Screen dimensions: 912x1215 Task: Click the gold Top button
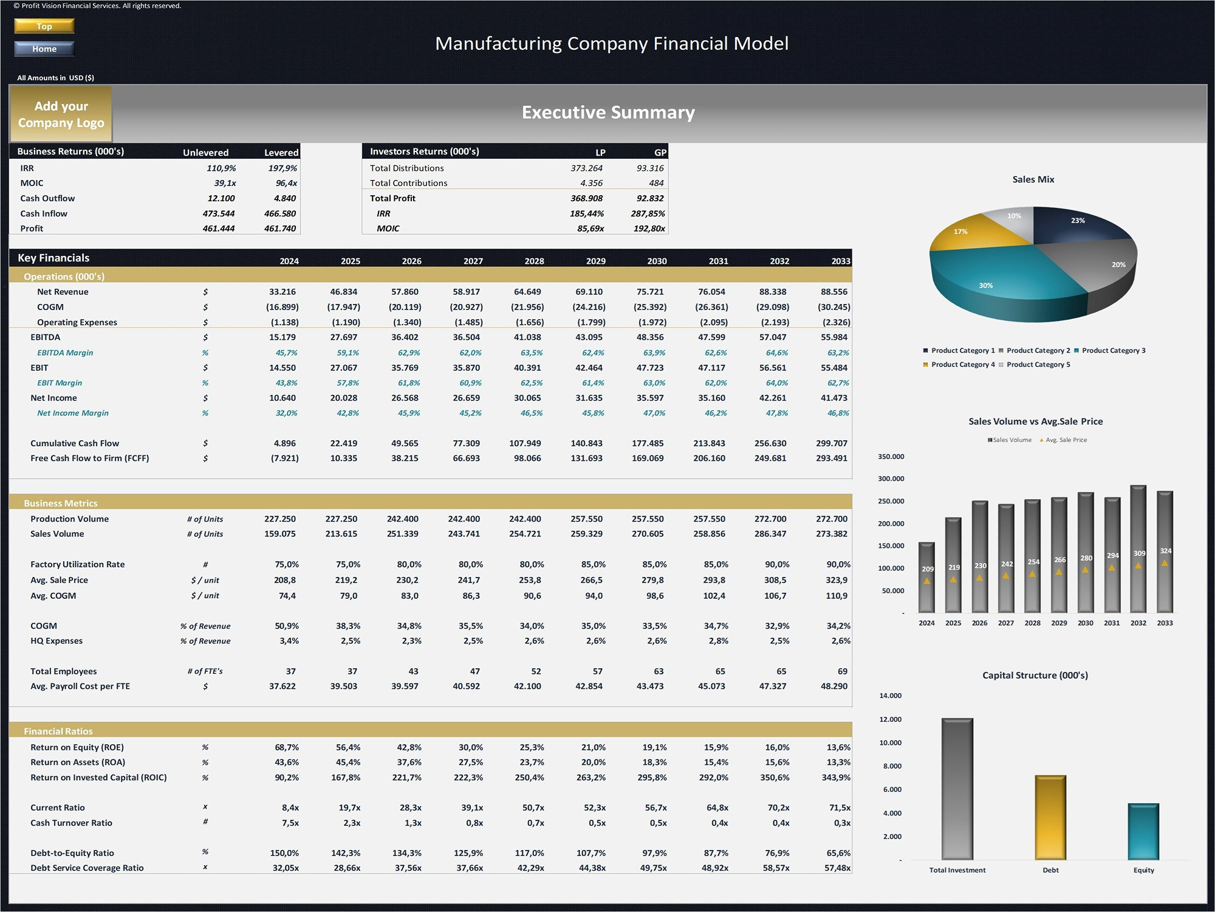[44, 26]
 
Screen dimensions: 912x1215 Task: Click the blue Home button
[44, 49]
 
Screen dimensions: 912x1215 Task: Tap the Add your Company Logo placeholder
[61, 114]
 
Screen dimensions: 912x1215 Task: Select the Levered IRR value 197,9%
[282, 168]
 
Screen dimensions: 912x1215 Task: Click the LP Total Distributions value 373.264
[586, 168]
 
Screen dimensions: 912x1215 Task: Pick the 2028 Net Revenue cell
[527, 292]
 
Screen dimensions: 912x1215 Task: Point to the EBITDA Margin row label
[65, 353]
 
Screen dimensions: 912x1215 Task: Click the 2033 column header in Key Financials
[840, 261]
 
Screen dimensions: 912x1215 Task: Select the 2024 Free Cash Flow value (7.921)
[284, 458]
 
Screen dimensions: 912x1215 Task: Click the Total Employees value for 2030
[659, 671]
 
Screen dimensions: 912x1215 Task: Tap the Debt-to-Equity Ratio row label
[72, 853]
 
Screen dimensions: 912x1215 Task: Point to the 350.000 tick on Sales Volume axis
[891, 457]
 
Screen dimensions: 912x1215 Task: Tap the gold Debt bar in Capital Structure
[1050, 818]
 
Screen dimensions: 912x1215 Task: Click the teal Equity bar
[1143, 832]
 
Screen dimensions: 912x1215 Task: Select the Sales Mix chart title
[1033, 179]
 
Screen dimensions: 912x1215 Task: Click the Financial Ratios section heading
[58, 731]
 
